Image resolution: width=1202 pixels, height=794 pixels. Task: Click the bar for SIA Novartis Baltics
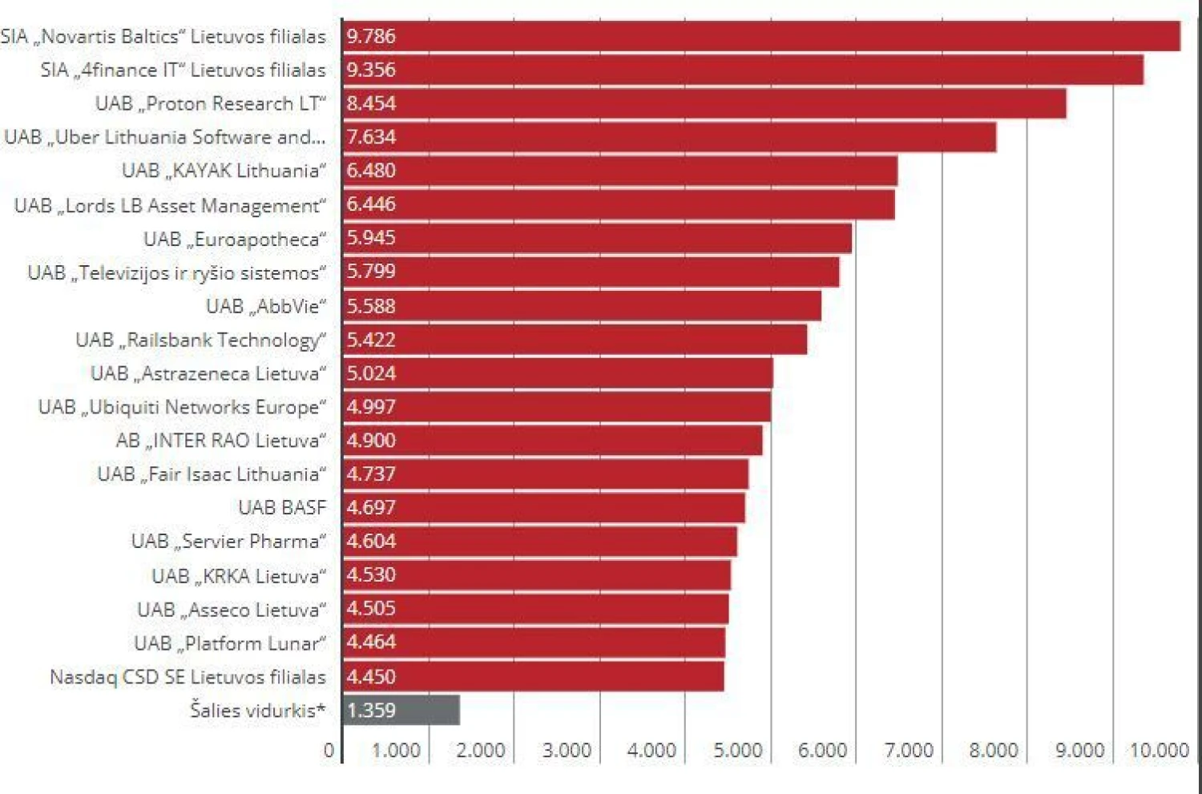tap(761, 36)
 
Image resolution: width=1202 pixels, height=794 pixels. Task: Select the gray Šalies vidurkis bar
tap(401, 710)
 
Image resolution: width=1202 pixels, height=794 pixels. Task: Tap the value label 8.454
tap(371, 103)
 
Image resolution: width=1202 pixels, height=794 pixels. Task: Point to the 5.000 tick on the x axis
tap(738, 751)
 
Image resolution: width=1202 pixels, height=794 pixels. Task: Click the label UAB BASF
tap(282, 508)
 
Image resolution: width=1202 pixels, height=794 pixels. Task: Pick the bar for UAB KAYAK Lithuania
tap(619, 171)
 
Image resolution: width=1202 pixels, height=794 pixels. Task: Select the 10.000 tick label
tap(1159, 751)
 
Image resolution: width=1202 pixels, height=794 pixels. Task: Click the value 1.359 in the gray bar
tap(371, 710)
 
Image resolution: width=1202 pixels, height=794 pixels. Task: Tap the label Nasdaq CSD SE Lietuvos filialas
tap(188, 677)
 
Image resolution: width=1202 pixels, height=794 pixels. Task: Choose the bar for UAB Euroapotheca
tap(597, 238)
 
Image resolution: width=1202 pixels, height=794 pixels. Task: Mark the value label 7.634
tap(371, 137)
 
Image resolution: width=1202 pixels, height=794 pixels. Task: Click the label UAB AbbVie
tap(266, 306)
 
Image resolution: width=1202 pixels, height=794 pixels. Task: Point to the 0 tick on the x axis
tap(329, 751)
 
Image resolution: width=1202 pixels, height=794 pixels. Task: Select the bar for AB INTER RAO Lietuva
tap(552, 441)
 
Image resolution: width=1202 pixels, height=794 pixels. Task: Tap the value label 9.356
tap(371, 70)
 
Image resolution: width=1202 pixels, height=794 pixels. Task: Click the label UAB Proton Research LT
tap(211, 103)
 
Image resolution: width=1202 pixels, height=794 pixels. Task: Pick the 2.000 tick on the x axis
tap(481, 751)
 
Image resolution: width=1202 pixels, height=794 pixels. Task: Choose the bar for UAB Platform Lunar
tap(534, 643)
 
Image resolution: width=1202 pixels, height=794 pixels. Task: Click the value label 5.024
tap(371, 373)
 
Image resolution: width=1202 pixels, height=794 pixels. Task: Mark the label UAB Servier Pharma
tap(228, 542)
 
